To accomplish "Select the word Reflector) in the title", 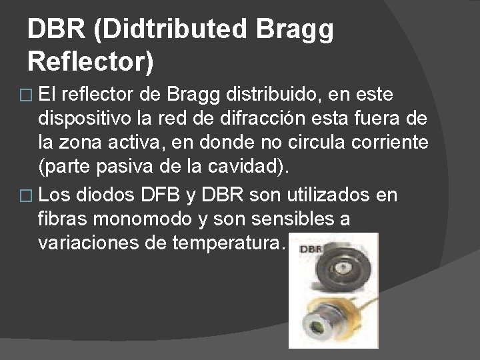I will click(x=91, y=62).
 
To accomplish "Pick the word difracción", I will click(x=289, y=120).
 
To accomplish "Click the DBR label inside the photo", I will click(x=312, y=249).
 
